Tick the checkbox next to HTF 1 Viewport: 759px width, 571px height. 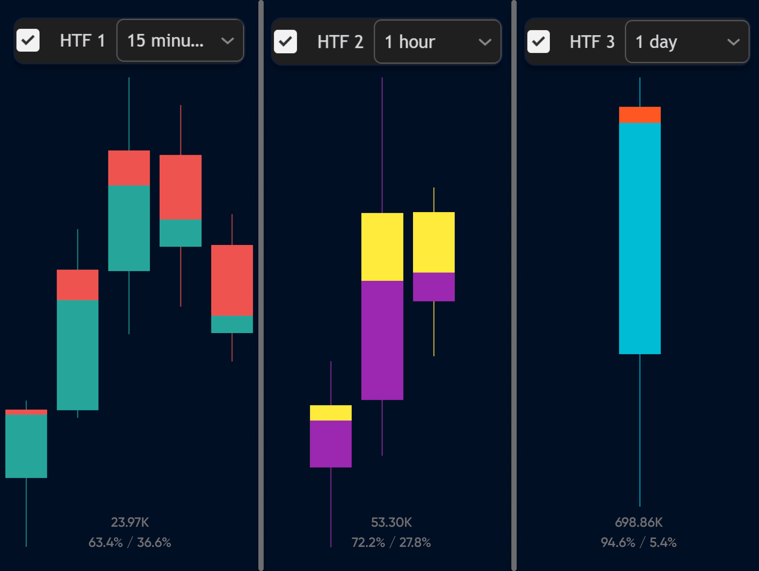pos(28,41)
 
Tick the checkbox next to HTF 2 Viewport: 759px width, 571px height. pos(285,42)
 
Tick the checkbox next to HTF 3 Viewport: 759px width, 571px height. pos(538,42)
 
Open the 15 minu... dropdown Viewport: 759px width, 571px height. pos(180,41)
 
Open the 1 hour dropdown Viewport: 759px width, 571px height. pos(437,42)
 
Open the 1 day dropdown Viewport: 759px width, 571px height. pos(687,42)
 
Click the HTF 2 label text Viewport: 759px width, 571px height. pos(340,42)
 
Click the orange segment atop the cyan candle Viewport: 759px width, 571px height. pos(640,115)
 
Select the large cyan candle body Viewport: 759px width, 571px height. pos(640,238)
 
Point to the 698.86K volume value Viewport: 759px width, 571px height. pos(639,522)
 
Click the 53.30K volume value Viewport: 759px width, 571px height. pos(391,522)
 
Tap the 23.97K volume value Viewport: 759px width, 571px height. pos(130,522)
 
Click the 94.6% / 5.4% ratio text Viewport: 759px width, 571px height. pos(639,543)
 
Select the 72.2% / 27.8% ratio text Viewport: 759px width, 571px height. pos(391,543)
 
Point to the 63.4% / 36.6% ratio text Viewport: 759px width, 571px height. pos(130,543)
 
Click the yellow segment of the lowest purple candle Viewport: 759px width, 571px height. pos(331,413)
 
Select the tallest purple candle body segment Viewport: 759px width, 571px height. pos(382,340)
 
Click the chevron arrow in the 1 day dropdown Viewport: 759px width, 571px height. pos(733,42)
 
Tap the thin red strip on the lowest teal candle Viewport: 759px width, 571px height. pos(26,412)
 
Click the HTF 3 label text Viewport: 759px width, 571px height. pos(592,42)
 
